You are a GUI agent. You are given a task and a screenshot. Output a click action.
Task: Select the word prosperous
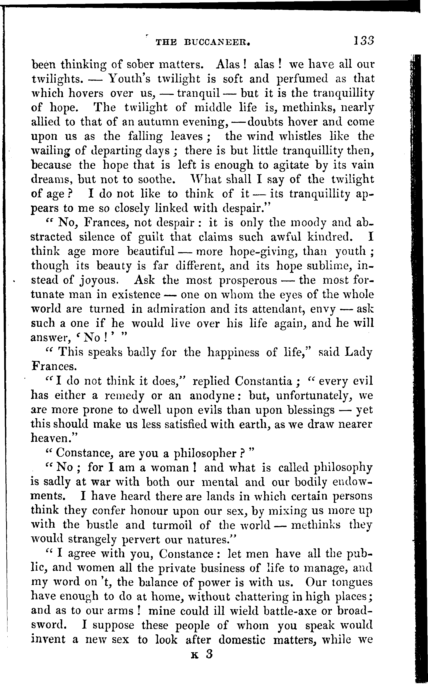tap(248, 280)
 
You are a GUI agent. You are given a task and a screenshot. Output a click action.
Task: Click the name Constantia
tap(263, 381)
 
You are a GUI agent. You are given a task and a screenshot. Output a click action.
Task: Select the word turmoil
tap(172, 525)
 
